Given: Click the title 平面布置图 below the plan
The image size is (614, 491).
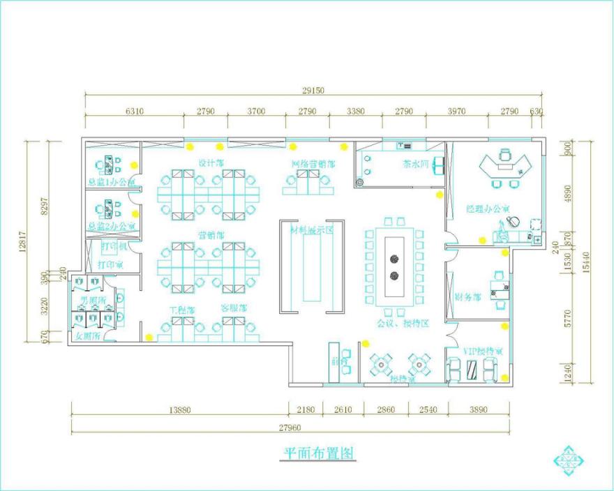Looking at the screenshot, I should point(319,453).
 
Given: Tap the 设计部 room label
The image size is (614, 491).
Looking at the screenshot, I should point(210,163).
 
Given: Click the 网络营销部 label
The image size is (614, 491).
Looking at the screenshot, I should point(313,165).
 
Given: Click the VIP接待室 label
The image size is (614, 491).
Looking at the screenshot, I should point(482,351).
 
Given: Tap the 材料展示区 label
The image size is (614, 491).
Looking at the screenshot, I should point(314,229).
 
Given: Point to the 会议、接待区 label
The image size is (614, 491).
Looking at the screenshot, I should point(402,324).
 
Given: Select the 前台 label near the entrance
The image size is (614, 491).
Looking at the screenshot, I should point(339,361).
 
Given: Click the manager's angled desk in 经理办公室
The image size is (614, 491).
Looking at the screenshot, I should point(505,165).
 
